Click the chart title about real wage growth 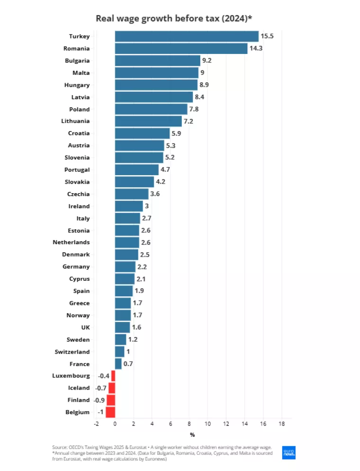[x=173, y=18]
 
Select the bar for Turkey [x=187, y=36]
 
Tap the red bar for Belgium [x=110, y=412]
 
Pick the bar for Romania [x=181, y=49]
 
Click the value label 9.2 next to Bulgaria [x=207, y=61]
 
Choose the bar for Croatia [x=142, y=133]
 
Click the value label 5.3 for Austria [x=171, y=145]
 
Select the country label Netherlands [x=71, y=242]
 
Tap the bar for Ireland [x=129, y=206]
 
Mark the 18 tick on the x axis [x=281, y=423]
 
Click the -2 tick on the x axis [x=96, y=423]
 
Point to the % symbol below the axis [x=192, y=435]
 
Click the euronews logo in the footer [x=288, y=453]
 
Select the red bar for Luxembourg [x=113, y=376]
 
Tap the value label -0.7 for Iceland [x=101, y=388]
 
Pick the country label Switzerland [x=72, y=352]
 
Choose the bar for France [x=118, y=364]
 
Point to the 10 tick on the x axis [x=207, y=423]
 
